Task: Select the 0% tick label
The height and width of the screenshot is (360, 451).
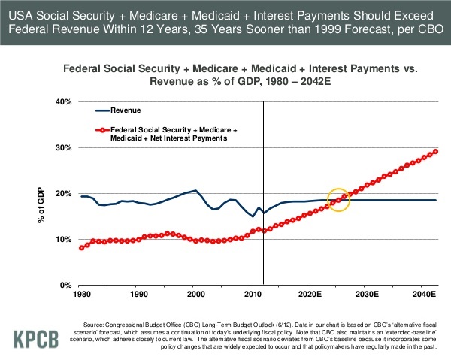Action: click(x=64, y=286)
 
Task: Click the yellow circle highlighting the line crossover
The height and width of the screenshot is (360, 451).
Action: click(x=339, y=199)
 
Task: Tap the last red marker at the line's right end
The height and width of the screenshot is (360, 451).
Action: click(x=436, y=151)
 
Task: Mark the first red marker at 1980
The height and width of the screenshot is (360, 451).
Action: click(x=81, y=247)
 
